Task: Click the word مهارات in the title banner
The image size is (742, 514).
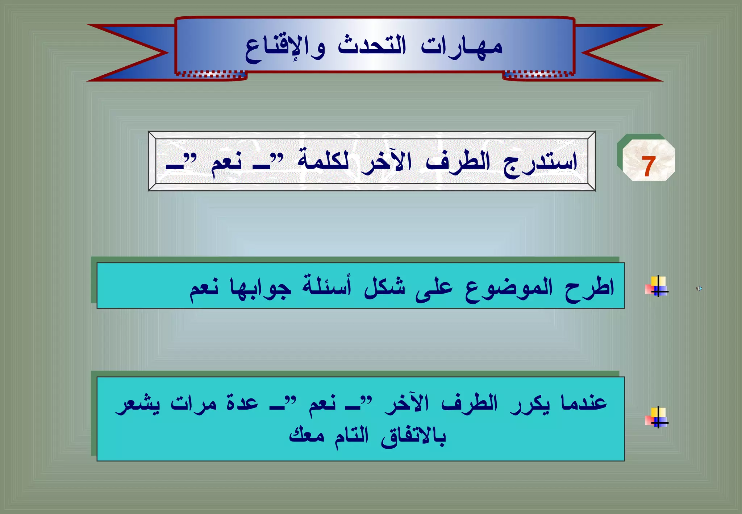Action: pos(462,46)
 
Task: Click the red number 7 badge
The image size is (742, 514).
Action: pos(648,166)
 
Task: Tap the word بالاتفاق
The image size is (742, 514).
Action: pos(413,436)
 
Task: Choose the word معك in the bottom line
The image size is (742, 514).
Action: pos(306,435)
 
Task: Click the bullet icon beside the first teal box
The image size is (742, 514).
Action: pos(656,287)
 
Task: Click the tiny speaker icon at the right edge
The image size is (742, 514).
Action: pos(699,289)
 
